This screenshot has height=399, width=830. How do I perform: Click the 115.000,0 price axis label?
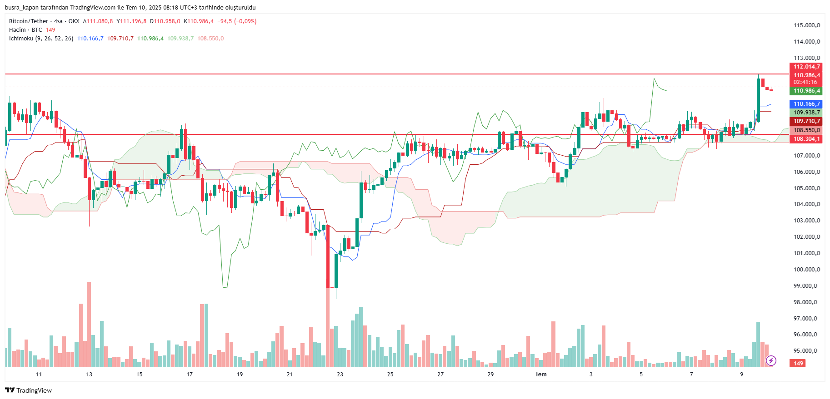(x=806, y=25)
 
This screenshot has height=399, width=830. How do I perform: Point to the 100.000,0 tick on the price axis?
(x=806, y=270)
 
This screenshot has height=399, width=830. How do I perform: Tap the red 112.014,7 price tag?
(x=806, y=67)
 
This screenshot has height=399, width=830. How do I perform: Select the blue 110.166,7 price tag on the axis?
(x=806, y=104)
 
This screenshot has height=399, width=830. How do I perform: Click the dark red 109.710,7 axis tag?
(x=806, y=121)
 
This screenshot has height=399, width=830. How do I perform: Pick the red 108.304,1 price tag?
(x=806, y=139)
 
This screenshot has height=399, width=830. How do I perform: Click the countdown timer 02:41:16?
(x=805, y=82)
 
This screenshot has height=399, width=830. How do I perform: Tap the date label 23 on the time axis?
(x=340, y=374)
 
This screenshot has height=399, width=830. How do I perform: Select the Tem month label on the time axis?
(x=540, y=374)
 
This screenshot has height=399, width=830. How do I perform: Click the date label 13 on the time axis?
(x=89, y=374)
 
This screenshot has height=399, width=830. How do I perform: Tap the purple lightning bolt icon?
(x=771, y=361)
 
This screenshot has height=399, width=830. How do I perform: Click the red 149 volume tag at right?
(x=798, y=363)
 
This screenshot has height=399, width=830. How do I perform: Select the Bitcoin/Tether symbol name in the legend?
(x=28, y=21)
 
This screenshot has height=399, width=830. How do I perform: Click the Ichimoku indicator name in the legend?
(x=21, y=39)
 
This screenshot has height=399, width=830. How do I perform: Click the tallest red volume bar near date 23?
(x=327, y=327)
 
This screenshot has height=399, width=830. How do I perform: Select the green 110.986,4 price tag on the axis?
(x=806, y=91)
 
